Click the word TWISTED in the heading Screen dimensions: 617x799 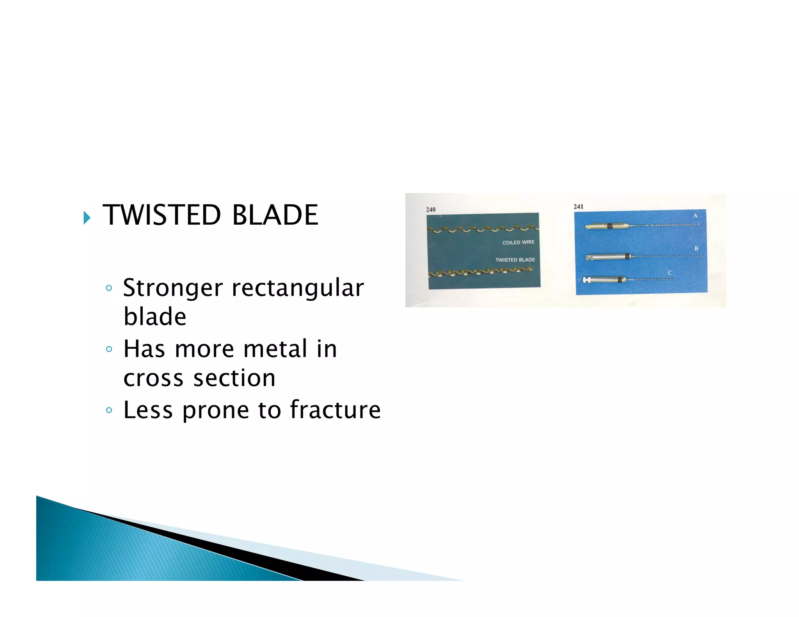tap(162, 215)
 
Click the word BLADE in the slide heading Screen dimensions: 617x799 tap(275, 215)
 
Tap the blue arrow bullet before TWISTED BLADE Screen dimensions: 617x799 tap(87, 218)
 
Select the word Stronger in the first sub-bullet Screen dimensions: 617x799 tap(173, 288)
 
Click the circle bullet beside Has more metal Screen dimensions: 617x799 tap(109, 349)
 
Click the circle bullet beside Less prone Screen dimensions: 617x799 tap(109, 410)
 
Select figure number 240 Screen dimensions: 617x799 tap(430, 209)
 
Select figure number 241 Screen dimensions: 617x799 tap(578, 206)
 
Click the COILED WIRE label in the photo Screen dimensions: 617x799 tap(518, 242)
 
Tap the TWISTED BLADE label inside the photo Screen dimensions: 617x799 tap(515, 260)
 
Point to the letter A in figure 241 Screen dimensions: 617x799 tap(695, 215)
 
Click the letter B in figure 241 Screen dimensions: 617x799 tap(696, 248)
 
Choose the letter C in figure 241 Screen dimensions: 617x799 tap(670, 273)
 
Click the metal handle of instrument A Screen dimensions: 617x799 tap(597, 226)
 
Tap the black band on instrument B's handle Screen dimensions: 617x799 tap(627, 256)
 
